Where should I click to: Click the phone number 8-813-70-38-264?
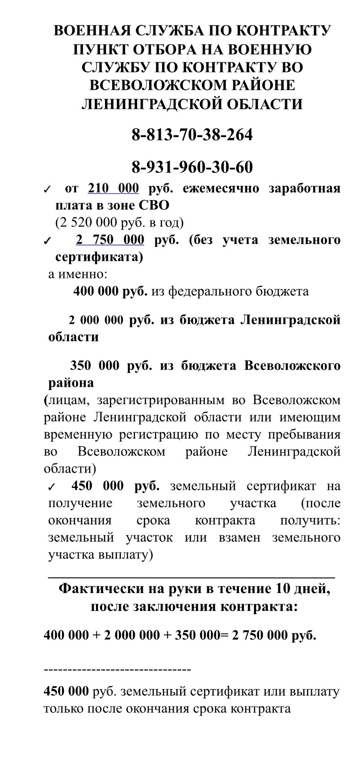[192, 134]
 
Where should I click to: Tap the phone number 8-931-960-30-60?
[192, 167]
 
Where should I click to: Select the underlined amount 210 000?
[113, 188]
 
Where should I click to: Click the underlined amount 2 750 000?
[110, 240]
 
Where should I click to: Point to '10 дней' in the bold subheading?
[303, 589]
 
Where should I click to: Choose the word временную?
[76, 435]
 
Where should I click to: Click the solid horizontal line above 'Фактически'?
[191, 577]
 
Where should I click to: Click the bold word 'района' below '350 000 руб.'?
[71, 383]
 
